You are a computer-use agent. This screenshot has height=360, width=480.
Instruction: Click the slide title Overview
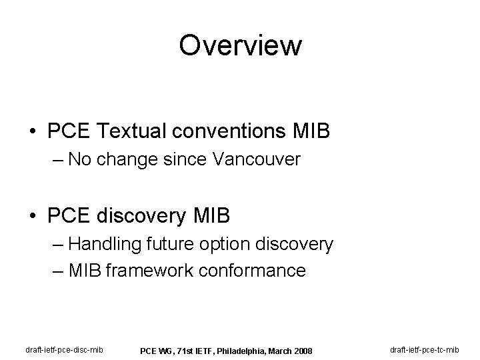(x=240, y=46)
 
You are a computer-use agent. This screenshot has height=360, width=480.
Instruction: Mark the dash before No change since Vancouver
(x=58, y=160)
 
